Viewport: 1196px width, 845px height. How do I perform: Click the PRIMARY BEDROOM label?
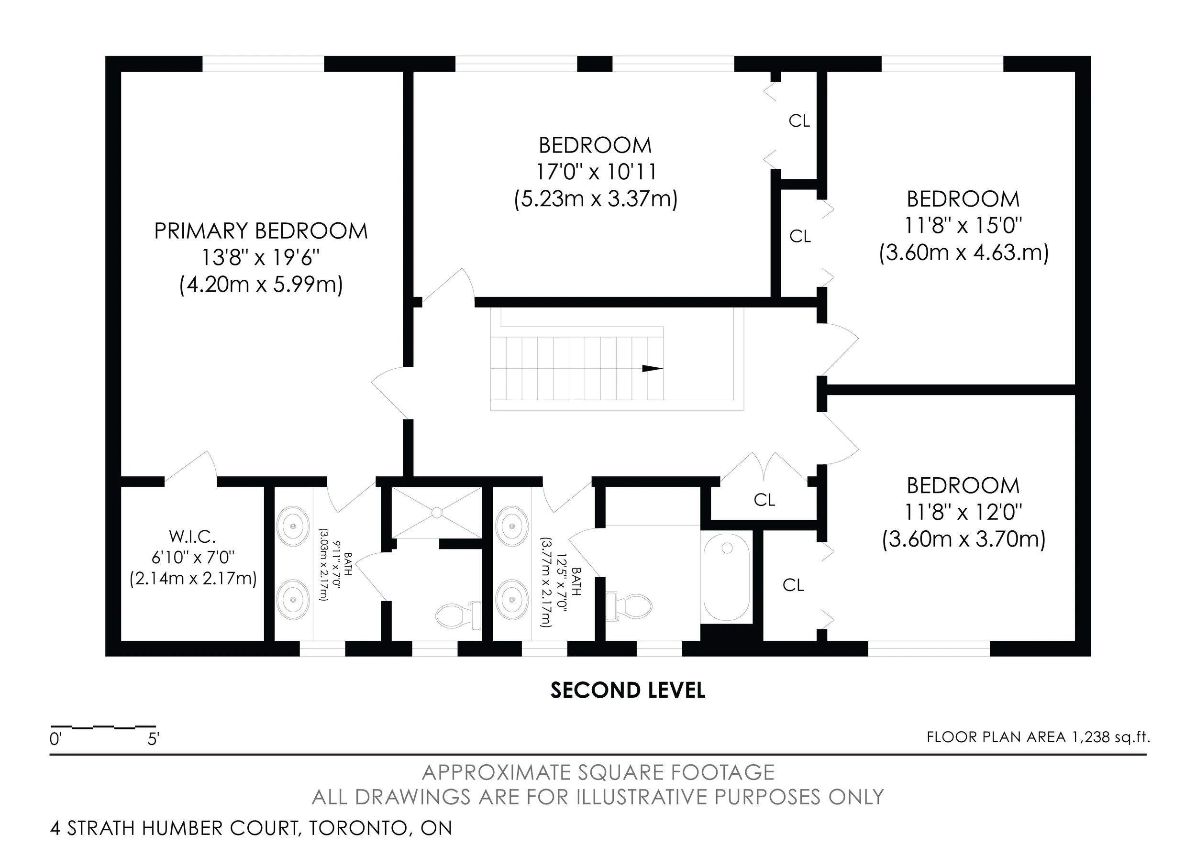click(261, 231)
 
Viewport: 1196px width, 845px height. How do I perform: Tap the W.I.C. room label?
click(192, 536)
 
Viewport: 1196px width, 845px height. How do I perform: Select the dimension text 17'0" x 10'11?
click(596, 172)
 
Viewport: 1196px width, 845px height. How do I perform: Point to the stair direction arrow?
click(652, 369)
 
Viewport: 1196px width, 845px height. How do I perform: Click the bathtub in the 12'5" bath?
click(727, 576)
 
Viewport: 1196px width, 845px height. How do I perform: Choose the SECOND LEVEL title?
click(628, 691)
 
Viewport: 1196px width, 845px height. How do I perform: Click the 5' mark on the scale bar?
click(153, 739)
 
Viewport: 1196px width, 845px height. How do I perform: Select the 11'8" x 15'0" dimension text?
click(963, 226)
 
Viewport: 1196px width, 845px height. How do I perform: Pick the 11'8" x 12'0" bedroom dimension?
click(963, 513)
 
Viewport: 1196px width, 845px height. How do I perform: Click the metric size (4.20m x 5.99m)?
click(261, 285)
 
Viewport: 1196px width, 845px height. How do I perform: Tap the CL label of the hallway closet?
click(764, 500)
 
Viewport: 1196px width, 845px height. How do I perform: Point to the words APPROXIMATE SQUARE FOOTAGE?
click(598, 773)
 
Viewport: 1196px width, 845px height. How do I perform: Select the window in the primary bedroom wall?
click(263, 64)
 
